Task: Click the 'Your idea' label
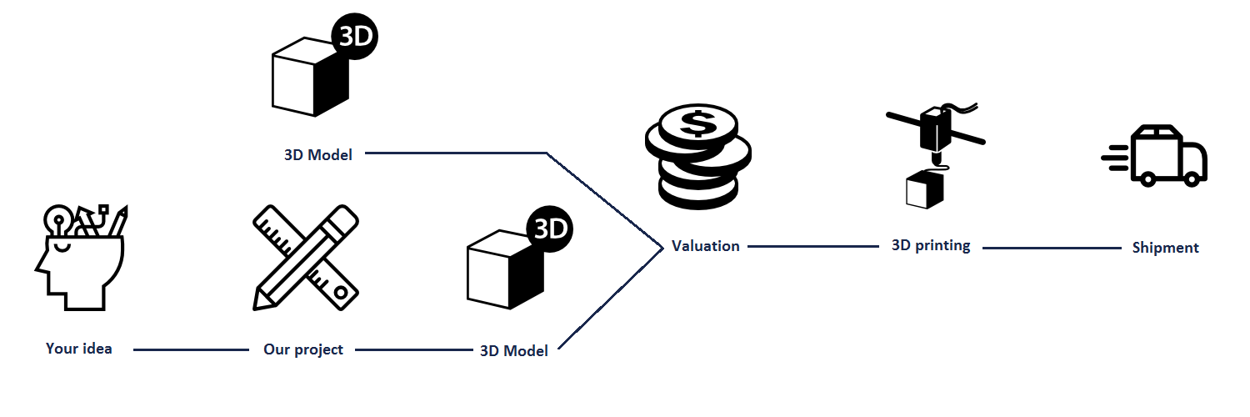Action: tap(78, 349)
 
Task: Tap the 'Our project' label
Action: tap(303, 350)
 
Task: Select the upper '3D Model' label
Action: tap(318, 154)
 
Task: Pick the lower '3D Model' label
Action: tap(514, 350)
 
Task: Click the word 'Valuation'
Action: tap(705, 246)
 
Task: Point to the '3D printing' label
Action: tap(931, 246)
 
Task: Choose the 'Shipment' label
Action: tap(1165, 248)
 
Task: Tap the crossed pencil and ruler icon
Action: tap(306, 258)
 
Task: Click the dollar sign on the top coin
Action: tap(698, 124)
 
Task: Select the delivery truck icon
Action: tap(1155, 156)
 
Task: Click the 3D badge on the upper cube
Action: tap(355, 37)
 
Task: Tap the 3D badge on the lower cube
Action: tap(550, 229)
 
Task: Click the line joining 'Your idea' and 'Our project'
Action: tap(191, 350)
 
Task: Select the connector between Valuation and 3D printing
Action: tap(813, 246)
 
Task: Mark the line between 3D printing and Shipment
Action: tap(1052, 248)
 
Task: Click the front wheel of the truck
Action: tap(1191, 179)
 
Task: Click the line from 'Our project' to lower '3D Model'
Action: tap(414, 350)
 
